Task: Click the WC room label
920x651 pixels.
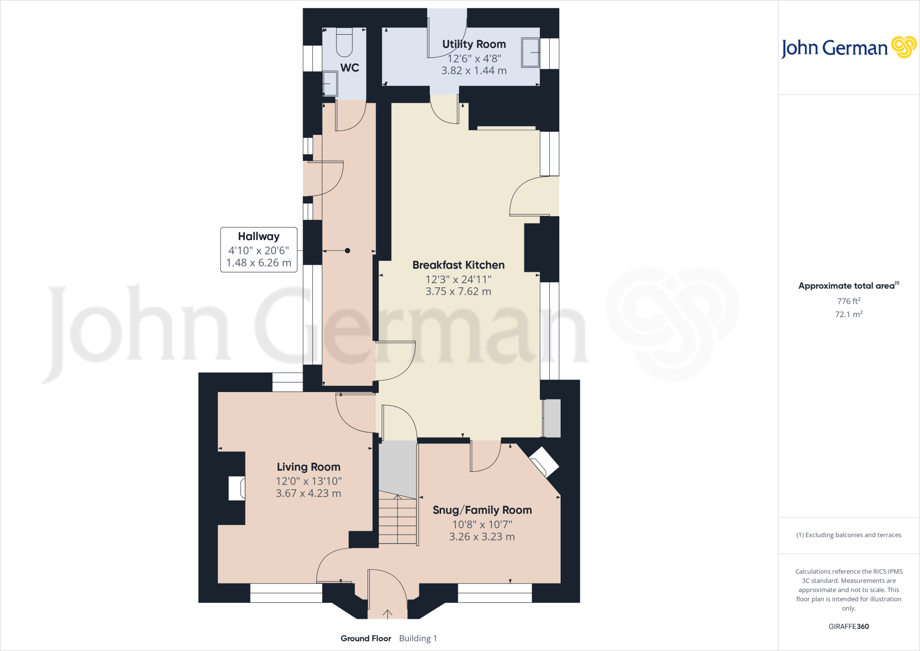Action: (x=349, y=68)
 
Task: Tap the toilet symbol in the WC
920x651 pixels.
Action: (x=345, y=43)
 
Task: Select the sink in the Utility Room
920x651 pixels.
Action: (x=530, y=53)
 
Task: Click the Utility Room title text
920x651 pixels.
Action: (x=474, y=44)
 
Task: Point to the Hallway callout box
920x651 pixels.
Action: (x=259, y=250)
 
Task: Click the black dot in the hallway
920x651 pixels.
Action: (x=347, y=251)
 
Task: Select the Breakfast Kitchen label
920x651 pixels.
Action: (x=458, y=265)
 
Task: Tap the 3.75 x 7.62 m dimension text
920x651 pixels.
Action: (x=458, y=291)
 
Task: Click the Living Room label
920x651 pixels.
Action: (x=308, y=467)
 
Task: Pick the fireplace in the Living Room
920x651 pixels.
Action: (x=237, y=488)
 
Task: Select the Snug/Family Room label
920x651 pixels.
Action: (x=482, y=510)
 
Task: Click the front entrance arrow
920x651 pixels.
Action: (x=387, y=614)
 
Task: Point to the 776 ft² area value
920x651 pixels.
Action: (x=849, y=301)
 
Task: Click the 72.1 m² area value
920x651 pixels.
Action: (x=849, y=314)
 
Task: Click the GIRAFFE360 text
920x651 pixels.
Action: (x=849, y=626)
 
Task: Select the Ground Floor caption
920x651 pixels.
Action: (x=366, y=638)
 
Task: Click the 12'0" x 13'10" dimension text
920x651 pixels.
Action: (x=308, y=481)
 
